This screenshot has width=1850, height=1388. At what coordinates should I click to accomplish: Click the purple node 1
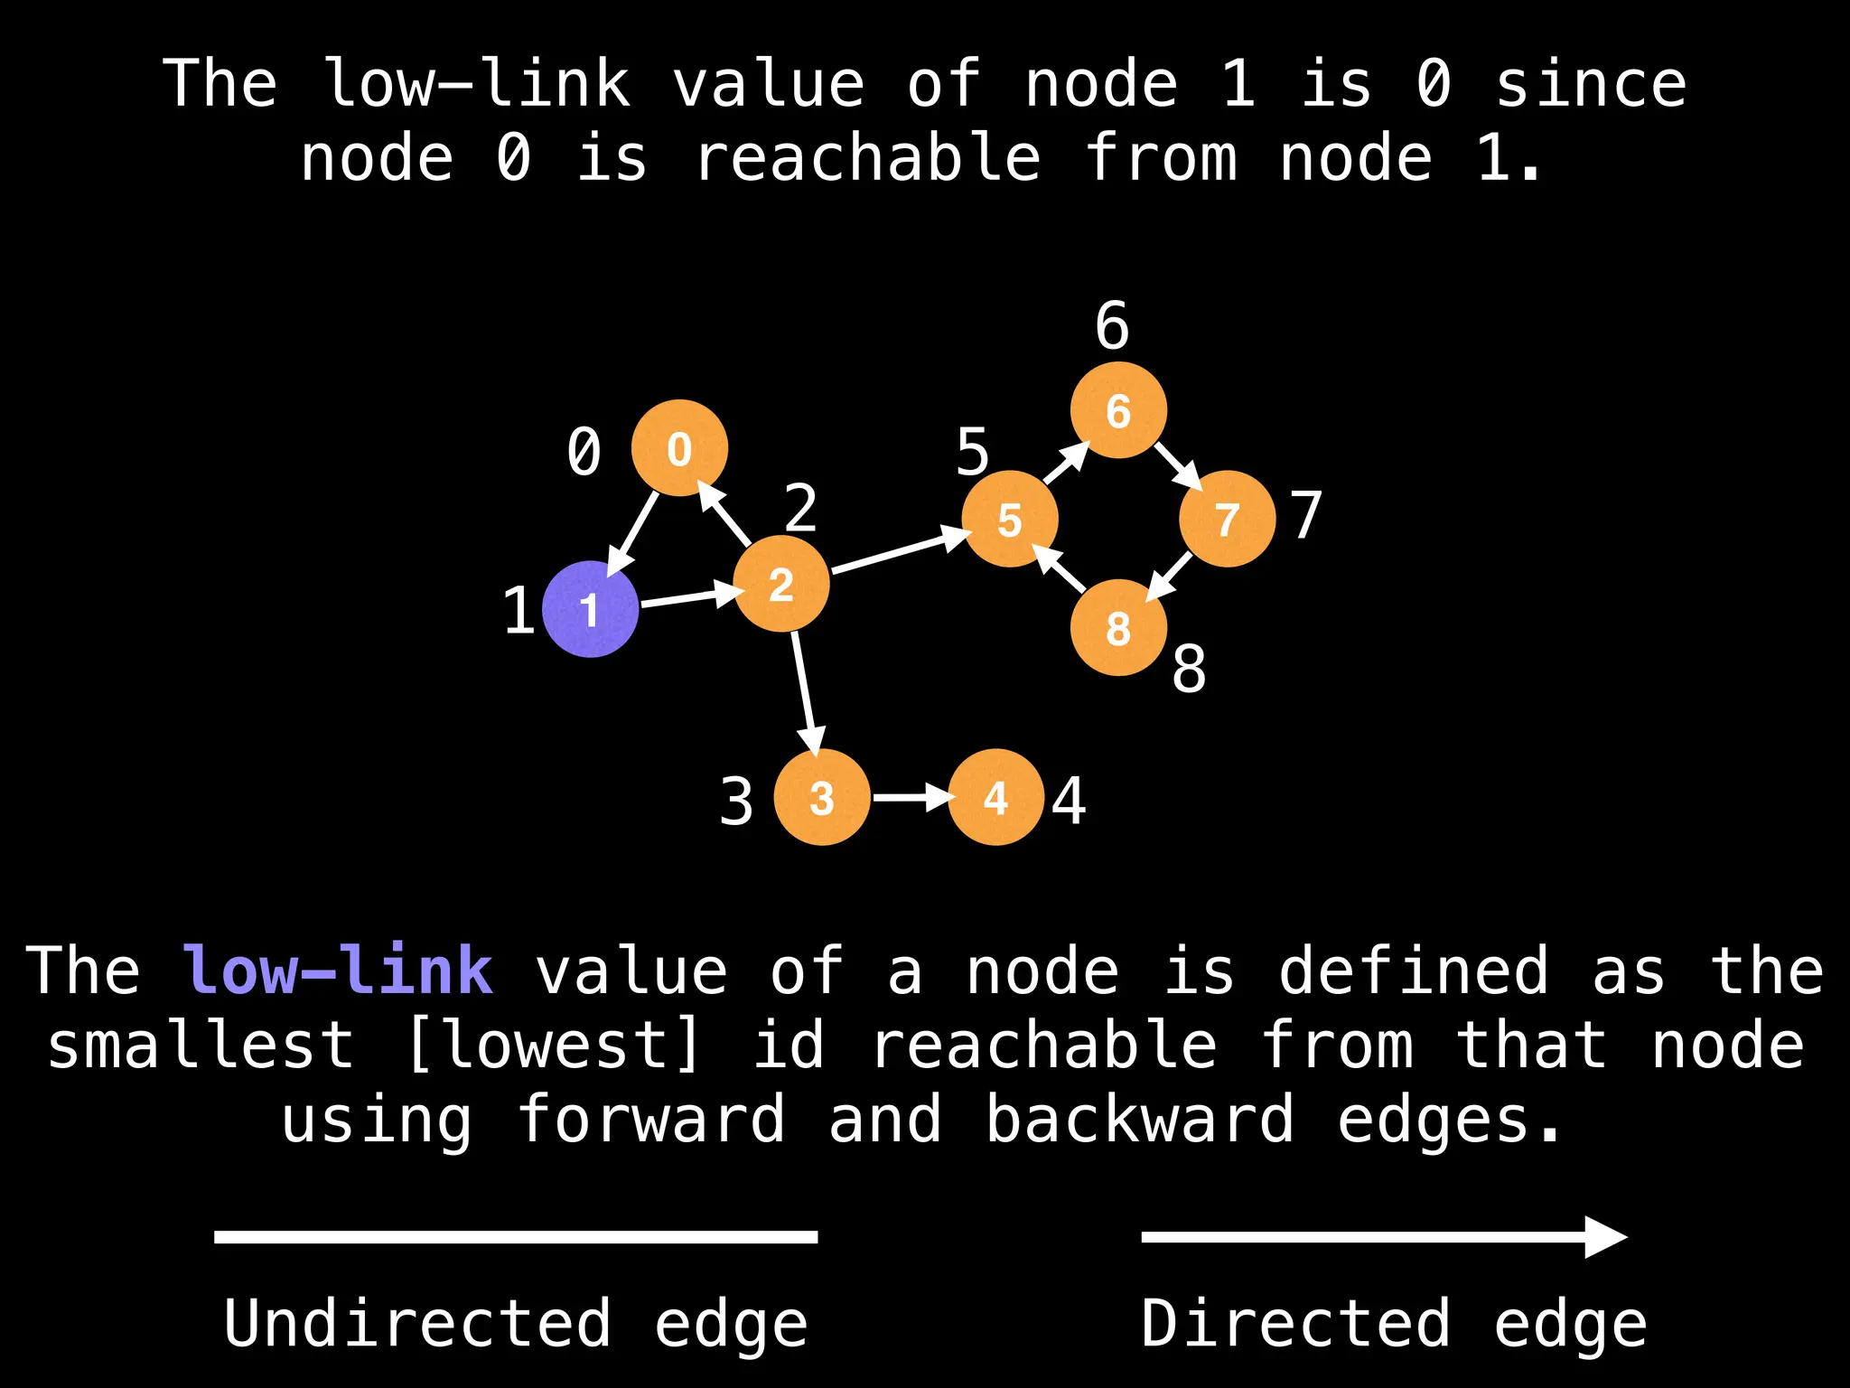590,609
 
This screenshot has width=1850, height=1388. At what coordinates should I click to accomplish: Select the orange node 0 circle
679,448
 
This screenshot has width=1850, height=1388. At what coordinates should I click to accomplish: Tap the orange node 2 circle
780,584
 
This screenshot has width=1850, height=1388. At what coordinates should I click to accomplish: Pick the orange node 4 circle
995,797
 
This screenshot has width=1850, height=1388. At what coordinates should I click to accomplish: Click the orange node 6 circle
1118,410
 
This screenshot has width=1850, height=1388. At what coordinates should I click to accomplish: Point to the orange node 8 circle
1118,628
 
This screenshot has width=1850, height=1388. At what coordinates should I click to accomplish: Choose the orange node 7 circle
1227,519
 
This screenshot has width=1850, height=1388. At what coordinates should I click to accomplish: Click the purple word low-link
338,971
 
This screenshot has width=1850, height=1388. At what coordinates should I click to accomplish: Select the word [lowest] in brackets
553,1046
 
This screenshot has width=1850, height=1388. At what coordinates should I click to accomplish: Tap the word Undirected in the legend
417,1323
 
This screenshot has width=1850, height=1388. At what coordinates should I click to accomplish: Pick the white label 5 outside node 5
973,452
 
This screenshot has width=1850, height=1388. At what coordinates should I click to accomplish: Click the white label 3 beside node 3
736,802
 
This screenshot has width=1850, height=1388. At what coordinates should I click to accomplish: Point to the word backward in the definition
1140,1119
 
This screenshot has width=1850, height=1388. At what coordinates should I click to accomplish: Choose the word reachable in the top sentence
867,158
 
